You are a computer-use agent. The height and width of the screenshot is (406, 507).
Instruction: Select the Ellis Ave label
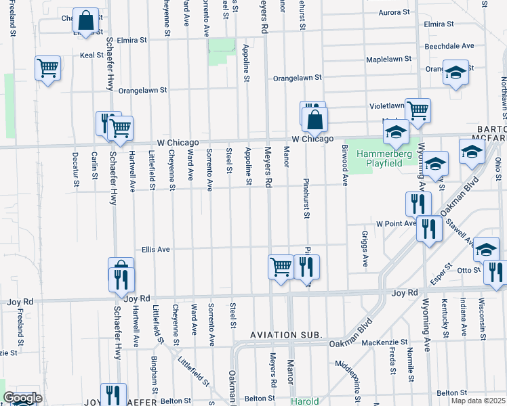pos(155,249)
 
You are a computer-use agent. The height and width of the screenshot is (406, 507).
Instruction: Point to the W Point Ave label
pos(396,223)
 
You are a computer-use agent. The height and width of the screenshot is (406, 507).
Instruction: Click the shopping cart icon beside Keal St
pos(48,68)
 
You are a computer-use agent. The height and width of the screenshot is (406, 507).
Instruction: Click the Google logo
pos(22,398)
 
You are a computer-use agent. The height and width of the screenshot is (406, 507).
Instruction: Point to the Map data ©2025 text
pos(478,401)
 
